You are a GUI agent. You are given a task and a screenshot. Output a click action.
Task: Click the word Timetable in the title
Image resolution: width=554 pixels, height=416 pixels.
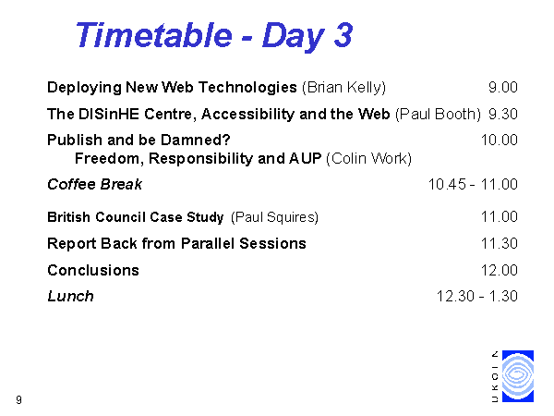[154, 35]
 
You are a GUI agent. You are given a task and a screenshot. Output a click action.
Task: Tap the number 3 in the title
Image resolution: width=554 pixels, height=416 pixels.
[343, 35]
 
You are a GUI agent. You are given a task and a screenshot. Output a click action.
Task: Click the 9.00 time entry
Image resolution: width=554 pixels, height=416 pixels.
[503, 88]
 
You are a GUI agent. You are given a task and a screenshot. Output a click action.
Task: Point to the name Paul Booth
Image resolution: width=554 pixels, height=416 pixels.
[438, 115]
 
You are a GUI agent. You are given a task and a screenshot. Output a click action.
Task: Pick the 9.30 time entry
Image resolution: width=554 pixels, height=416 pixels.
[503, 114]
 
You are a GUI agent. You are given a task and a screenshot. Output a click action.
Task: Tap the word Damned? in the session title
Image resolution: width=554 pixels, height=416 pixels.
[196, 141]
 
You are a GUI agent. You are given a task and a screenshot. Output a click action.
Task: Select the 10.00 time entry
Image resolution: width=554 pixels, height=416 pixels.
[500, 141]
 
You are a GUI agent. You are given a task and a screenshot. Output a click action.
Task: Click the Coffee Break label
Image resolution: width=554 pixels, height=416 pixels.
[95, 184]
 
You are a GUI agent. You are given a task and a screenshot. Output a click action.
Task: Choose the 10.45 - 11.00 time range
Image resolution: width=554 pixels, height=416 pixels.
[473, 184]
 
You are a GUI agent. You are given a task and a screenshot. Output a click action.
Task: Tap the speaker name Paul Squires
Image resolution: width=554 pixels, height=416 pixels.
[274, 217]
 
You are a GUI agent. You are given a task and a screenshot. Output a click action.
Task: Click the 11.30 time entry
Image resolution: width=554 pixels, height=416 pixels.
[500, 244]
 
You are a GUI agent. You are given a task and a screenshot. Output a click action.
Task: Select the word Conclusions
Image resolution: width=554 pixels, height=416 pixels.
[93, 270]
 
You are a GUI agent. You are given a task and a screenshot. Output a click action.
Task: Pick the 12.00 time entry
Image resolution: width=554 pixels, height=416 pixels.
[500, 270]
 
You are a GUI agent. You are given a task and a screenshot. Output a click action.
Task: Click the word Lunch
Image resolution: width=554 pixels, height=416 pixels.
[71, 297]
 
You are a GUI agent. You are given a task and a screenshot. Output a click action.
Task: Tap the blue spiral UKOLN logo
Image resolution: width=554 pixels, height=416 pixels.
[518, 376]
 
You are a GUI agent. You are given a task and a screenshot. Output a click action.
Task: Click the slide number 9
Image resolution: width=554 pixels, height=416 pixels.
[18, 399]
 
